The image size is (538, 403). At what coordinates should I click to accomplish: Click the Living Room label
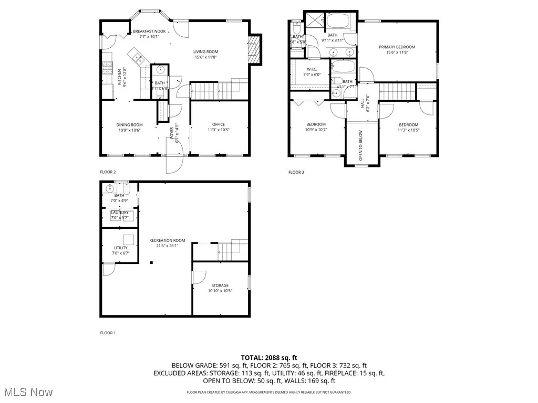coord(205,51)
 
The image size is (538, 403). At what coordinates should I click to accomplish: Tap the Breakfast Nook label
coord(149,31)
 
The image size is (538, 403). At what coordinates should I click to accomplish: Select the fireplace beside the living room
coord(255,50)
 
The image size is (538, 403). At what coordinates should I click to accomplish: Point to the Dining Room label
coord(129,125)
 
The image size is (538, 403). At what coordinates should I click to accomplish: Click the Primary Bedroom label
coord(397,47)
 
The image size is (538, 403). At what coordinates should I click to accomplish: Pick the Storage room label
coord(220,285)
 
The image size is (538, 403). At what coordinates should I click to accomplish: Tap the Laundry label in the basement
coord(120,213)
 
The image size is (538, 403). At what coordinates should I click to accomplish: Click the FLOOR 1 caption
coord(108,333)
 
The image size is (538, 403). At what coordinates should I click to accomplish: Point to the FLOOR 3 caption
coord(296,172)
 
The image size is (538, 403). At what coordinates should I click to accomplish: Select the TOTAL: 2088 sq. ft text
coord(268,357)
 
